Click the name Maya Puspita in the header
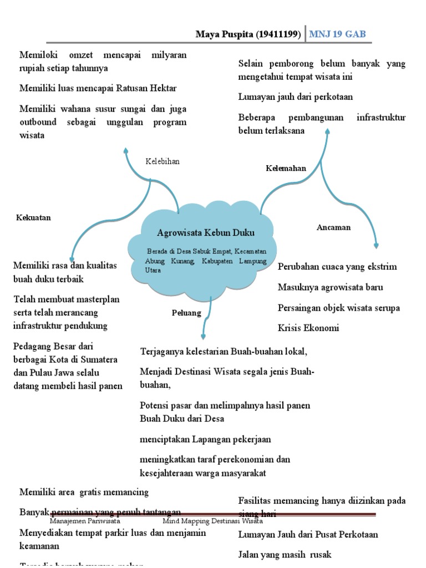click(224, 34)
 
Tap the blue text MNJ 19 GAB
click(337, 34)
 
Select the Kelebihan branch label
click(163, 161)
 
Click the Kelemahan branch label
click(286, 168)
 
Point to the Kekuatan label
click(33, 217)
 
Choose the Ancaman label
click(333, 227)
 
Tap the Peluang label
click(186, 313)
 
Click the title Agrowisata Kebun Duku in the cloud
click(206, 232)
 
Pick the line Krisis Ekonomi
click(308, 328)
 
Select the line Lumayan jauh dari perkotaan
click(296, 97)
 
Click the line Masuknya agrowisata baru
click(331, 287)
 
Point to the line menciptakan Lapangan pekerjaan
click(205, 439)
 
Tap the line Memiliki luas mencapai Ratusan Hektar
click(98, 88)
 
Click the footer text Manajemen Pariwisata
click(85, 521)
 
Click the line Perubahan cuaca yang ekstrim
click(337, 266)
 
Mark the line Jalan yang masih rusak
click(285, 555)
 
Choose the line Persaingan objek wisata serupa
click(339, 307)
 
